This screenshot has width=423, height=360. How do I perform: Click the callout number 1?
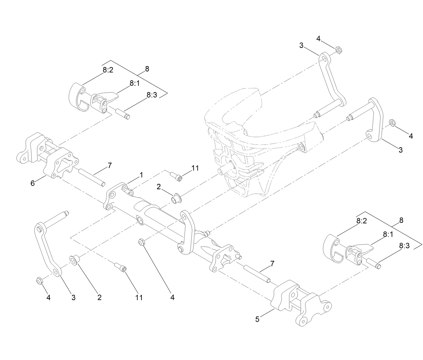[x=142, y=175]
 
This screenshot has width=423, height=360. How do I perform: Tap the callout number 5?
[x=257, y=319]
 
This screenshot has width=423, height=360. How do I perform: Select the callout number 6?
[x=33, y=183]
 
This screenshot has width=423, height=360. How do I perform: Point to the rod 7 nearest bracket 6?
[x=92, y=178]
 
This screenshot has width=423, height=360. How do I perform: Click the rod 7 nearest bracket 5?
[x=257, y=274]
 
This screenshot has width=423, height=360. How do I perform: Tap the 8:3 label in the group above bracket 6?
[x=152, y=95]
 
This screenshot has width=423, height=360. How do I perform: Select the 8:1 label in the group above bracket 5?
[x=388, y=234]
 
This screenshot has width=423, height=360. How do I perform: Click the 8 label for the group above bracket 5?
[x=401, y=221]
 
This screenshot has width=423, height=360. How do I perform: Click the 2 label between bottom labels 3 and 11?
[x=100, y=297]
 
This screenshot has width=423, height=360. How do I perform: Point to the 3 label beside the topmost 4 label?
[x=301, y=45]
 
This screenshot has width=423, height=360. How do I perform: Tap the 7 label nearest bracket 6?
[x=110, y=165]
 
